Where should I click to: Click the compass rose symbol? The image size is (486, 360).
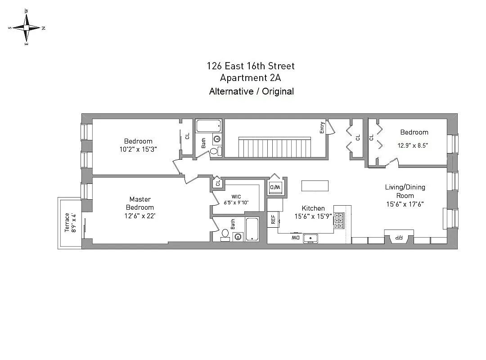(x=27, y=27)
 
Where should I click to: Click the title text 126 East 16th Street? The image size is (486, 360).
(x=251, y=66)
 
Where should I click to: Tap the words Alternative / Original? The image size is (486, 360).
(x=251, y=91)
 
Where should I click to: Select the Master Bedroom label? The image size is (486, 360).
(x=140, y=203)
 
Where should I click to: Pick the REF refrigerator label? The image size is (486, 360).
(x=273, y=220)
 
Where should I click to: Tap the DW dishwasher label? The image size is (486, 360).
(x=295, y=237)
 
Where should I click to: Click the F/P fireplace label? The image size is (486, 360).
(x=398, y=237)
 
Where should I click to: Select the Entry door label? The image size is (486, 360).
(x=322, y=128)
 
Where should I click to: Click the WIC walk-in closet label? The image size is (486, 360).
(x=237, y=197)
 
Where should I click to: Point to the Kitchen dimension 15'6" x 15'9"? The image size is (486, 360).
(x=313, y=216)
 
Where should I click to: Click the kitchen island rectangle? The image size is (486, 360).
(x=315, y=185)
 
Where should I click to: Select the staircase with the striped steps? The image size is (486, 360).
(x=275, y=147)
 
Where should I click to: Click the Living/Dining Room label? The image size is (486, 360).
(x=405, y=191)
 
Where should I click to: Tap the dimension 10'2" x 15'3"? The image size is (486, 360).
(x=138, y=149)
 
